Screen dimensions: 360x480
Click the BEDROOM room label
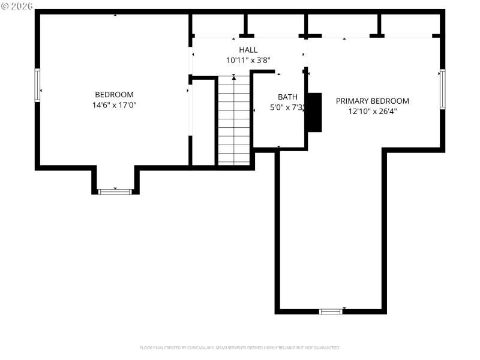pos(114,95)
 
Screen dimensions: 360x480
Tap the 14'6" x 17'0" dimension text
pos(114,105)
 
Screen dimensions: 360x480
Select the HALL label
pos(248,50)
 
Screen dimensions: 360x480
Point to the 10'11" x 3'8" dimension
pos(248,60)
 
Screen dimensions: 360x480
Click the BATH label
pos(287,97)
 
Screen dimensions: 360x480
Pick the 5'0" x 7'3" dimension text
pos(287,108)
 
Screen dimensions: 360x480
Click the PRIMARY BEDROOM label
pos(372,101)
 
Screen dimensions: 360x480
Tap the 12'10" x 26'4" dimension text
pos(372,111)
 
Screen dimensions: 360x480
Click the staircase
pos(234,120)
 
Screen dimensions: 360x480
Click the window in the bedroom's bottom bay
pos(115,191)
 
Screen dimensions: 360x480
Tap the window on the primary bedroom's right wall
pos(442,89)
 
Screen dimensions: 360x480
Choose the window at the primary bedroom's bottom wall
pos(331,311)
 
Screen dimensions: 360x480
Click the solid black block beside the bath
pos(314,112)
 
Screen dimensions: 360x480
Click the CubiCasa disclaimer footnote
pos(240,347)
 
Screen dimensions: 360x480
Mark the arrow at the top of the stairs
pos(233,77)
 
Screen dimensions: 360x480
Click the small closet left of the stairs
pos(204,123)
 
